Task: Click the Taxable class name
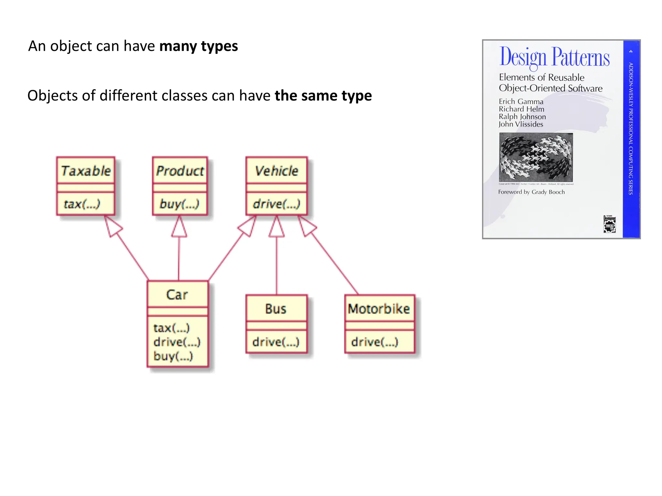pos(86,171)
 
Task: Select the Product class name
pos(180,171)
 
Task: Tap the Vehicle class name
pos(276,171)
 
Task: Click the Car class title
pos(177,294)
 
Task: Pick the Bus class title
pos(276,309)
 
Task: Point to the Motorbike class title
pos(379,309)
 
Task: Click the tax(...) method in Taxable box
pos(82,204)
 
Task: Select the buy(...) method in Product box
pos(179,204)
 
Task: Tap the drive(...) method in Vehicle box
pos(276,204)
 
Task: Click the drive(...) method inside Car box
pos(177,342)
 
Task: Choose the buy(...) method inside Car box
pos(173,356)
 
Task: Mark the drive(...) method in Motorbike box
pos(375,342)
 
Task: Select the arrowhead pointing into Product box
pos(179,227)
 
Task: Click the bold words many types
pos(198,46)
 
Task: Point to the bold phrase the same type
pos(323,96)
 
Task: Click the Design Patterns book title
pos(554,57)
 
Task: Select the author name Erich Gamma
pos(521,101)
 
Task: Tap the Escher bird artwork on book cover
pos(536,157)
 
